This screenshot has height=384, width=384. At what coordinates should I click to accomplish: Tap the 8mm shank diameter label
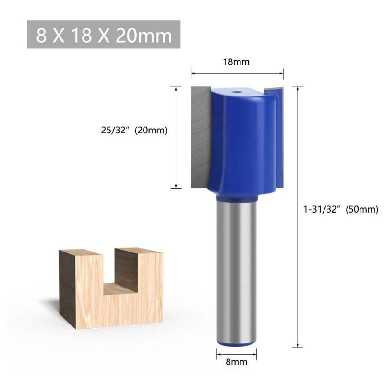point(236,362)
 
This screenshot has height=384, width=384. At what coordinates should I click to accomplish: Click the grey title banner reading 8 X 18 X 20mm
point(104,35)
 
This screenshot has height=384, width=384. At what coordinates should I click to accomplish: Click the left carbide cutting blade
point(201,136)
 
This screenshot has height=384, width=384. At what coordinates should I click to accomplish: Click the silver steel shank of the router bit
point(236,269)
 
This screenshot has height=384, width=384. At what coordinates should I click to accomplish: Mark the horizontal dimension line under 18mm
point(237,73)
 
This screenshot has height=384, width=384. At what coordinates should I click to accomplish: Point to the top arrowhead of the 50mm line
point(299,88)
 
